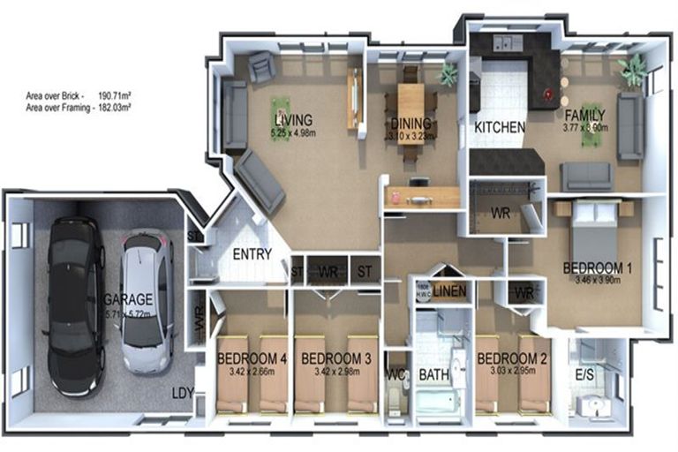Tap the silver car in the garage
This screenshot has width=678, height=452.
point(146,300)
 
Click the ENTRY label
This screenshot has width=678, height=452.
point(252,255)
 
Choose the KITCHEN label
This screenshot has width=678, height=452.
point(500,127)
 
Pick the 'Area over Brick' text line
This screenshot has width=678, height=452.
point(79,93)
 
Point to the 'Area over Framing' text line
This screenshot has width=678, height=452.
point(79,105)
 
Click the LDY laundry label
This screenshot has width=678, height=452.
point(183,393)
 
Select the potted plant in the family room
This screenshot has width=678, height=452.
point(632,70)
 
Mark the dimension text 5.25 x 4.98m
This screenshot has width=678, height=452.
point(295,132)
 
